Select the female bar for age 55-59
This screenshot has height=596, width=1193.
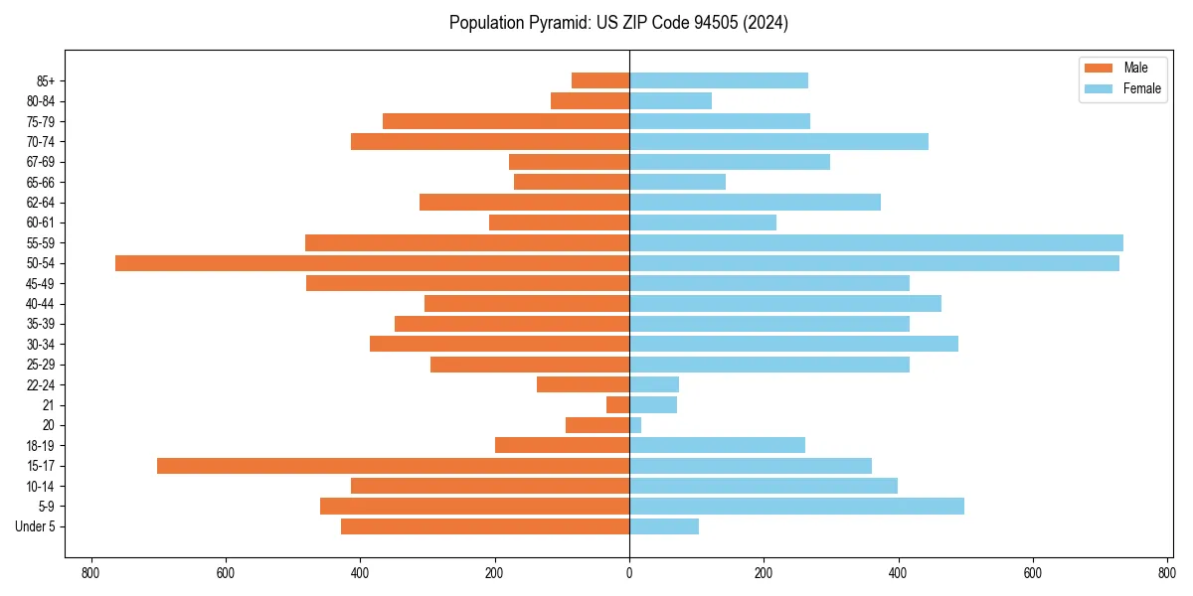point(876,242)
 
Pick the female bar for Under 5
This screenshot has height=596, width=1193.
point(664,526)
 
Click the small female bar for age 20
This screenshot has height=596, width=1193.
point(635,425)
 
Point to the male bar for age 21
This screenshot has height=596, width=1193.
point(618,405)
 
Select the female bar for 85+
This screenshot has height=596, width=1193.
point(719,80)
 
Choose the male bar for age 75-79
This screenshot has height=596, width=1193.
point(506,121)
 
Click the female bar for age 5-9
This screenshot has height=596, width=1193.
point(796,507)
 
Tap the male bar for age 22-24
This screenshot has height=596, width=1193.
point(583,384)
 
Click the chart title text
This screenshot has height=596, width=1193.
point(618,23)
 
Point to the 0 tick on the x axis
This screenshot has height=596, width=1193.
point(629,573)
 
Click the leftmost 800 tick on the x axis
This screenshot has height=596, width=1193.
point(90,573)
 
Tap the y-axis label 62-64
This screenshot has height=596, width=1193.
point(41,203)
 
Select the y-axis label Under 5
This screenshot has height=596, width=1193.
point(36,526)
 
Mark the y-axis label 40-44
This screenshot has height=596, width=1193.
point(41,304)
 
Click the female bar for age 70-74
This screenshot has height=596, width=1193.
point(778,142)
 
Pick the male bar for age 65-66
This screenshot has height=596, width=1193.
point(572,182)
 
